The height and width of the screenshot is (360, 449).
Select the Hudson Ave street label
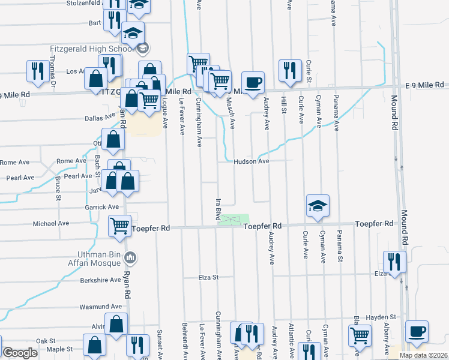pyautogui.click(x=251, y=161)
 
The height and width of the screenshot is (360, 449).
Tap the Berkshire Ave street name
pyautogui.click(x=101, y=280)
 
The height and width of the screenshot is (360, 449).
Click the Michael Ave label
pyautogui.click(x=51, y=223)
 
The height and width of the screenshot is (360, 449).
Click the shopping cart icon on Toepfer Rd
pyautogui.click(x=119, y=226)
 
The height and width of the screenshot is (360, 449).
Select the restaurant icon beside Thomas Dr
pyautogui.click(x=38, y=71)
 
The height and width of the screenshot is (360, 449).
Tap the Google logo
pyautogui.click(x=20, y=353)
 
